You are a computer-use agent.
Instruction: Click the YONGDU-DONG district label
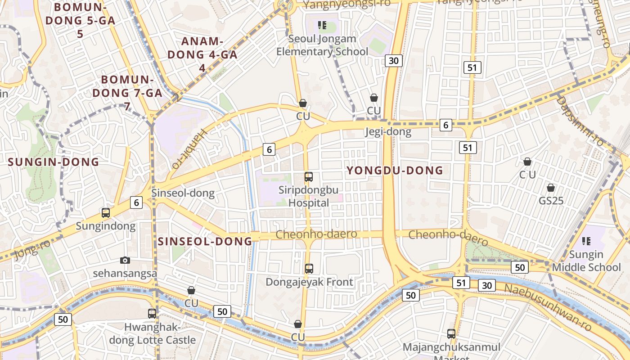click(x=395, y=170)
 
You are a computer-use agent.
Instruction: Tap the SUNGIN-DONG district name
click(x=54, y=162)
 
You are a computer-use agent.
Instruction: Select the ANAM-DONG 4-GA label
click(x=202, y=54)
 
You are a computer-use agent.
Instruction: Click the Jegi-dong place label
click(x=388, y=132)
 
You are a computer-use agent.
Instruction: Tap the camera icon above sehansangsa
click(x=125, y=260)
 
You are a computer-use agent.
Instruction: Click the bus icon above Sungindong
click(x=106, y=213)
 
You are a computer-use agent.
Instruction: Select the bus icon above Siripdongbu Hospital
click(x=309, y=177)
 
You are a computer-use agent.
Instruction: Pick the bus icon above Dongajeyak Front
click(x=309, y=269)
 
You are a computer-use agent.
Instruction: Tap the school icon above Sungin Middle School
click(x=586, y=241)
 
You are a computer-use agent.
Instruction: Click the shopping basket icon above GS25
click(x=551, y=188)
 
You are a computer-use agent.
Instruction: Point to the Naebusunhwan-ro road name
click(x=548, y=307)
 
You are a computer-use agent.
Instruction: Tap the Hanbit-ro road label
click(x=189, y=147)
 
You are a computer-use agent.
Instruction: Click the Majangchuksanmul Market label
click(x=451, y=348)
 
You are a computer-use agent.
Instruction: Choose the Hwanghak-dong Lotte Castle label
click(x=153, y=333)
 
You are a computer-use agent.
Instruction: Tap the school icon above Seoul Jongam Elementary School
click(x=322, y=25)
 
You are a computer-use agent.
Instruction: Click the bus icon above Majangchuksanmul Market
click(x=451, y=334)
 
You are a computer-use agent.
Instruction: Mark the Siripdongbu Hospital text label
click(x=309, y=196)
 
